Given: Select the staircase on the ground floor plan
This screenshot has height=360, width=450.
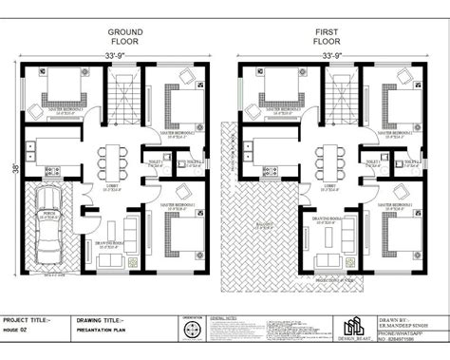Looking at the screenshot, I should click(x=122, y=95).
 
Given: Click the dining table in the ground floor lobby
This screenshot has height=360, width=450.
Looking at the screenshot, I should click(x=114, y=158).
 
